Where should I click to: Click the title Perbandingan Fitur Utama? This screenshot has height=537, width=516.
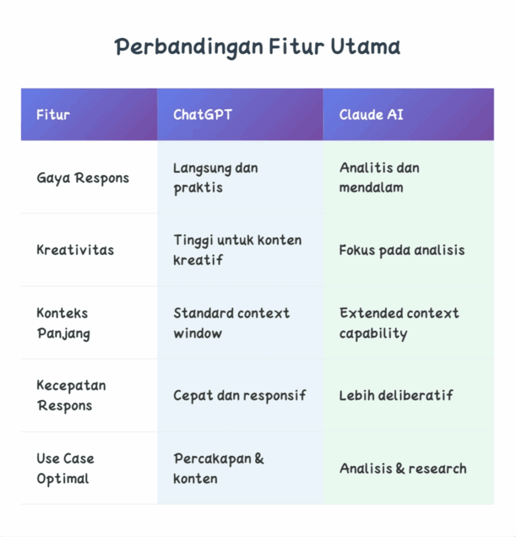(x=258, y=47)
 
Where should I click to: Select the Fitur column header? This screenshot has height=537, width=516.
(x=53, y=115)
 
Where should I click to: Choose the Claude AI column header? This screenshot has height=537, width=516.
(x=371, y=115)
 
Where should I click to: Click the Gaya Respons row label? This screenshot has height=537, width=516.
(x=82, y=178)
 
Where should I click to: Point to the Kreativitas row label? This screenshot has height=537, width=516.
(x=75, y=250)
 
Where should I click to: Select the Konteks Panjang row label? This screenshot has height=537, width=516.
(x=63, y=323)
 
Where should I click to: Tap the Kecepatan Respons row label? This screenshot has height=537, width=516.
(x=71, y=395)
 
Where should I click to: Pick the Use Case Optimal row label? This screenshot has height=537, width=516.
(x=65, y=468)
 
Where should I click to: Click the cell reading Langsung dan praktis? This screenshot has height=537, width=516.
(x=215, y=178)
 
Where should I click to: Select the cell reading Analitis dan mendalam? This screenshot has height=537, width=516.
(x=379, y=178)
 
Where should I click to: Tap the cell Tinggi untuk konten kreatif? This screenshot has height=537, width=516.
(x=237, y=250)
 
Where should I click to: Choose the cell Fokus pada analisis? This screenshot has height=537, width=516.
(x=401, y=250)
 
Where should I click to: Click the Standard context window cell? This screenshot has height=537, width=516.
(x=231, y=323)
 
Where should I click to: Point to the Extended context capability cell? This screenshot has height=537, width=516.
(x=399, y=323)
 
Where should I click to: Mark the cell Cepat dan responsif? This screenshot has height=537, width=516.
(x=239, y=395)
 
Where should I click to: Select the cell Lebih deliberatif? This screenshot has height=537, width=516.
(x=396, y=395)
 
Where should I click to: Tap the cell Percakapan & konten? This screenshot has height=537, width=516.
(x=218, y=468)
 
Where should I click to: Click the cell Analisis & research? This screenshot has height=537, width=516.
(x=402, y=468)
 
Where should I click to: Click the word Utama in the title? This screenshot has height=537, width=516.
(x=365, y=47)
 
